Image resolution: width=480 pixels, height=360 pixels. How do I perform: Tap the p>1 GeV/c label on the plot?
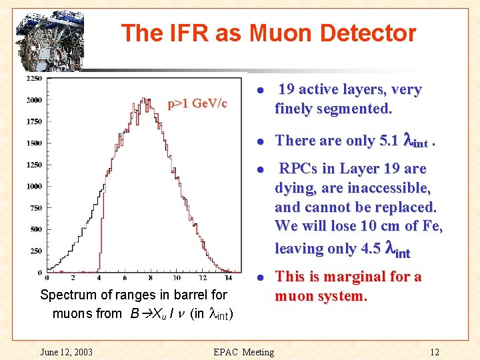[x=197, y=103]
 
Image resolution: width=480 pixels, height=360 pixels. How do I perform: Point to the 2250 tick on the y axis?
[x=34, y=79]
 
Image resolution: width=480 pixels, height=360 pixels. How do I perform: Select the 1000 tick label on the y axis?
[x=34, y=186]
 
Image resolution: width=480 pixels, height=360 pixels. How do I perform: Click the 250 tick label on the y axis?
[x=36, y=251]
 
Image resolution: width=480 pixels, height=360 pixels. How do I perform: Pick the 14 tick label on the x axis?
[x=229, y=278]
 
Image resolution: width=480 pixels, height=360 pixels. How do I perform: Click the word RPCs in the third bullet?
[x=299, y=169]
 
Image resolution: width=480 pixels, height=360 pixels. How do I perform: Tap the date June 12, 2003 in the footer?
[x=67, y=352]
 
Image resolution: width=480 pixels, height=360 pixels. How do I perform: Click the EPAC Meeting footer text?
[x=243, y=352]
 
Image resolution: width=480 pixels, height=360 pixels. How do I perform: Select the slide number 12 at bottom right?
[x=435, y=352]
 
